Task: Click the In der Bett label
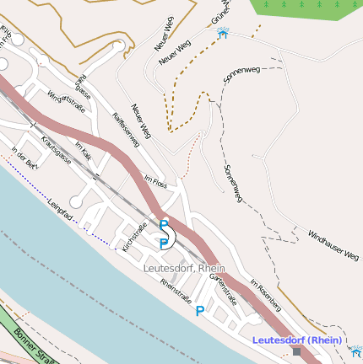(23, 158)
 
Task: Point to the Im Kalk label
(83, 149)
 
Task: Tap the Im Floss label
(157, 180)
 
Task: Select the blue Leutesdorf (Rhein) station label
(296, 340)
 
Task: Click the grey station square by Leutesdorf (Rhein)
(296, 352)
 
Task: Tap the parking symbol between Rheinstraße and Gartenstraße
(200, 311)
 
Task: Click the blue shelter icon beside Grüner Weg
(223, 33)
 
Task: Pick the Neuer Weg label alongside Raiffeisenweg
(140, 120)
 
